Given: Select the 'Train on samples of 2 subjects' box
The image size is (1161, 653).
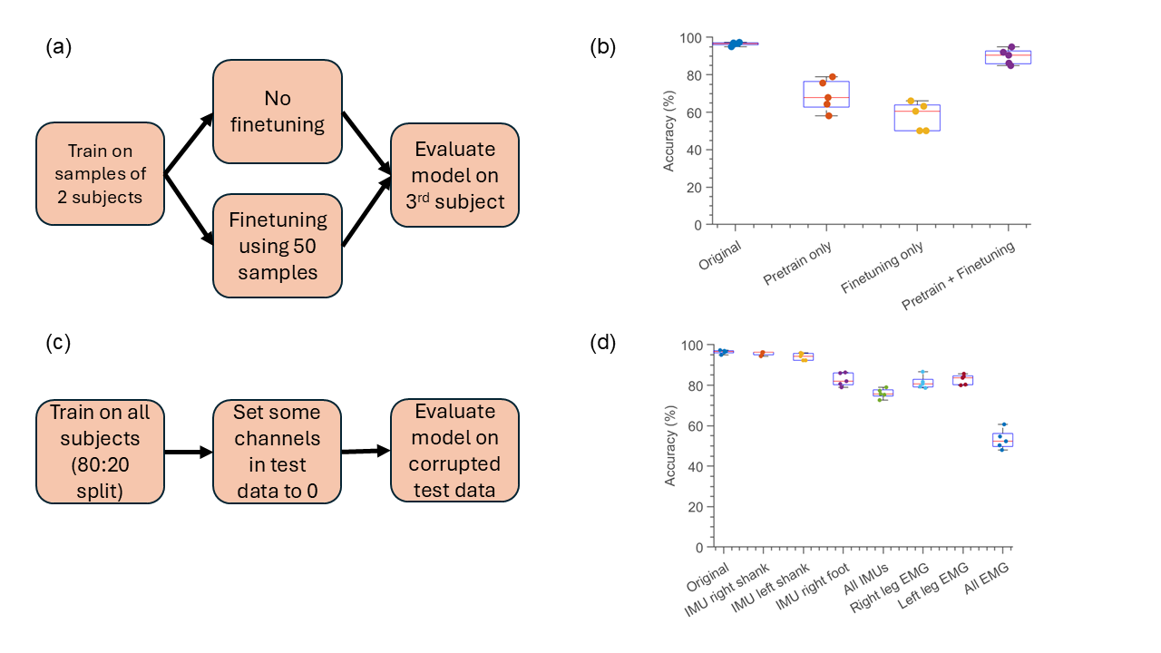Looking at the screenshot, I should point(100,173).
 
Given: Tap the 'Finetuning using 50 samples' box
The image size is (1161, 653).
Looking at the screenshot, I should point(277,247).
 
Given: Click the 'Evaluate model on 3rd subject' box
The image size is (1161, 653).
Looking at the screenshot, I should point(454,175).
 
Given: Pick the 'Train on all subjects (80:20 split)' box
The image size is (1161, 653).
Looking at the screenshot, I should point(100,451).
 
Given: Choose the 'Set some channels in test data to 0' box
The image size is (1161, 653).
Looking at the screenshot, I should point(277,451).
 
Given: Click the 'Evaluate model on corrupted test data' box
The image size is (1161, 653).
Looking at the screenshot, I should point(454,451).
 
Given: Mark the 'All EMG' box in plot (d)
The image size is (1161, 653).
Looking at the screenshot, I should point(1002,440).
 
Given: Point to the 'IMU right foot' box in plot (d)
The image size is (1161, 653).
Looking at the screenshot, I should point(843,379).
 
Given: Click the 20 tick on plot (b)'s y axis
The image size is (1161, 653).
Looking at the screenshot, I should point(697,187).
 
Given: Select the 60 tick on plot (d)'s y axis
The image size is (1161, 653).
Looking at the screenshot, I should point(697,426).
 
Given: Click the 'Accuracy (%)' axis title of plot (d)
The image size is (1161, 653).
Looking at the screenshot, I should point(670,446).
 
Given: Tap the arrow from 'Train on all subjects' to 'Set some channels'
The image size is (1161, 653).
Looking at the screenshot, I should point(188,451).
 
